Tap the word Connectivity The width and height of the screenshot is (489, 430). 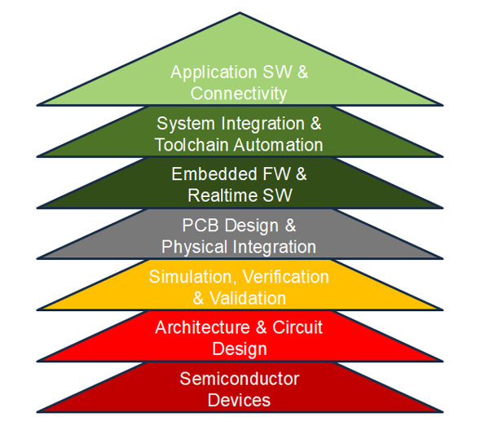coord(239,94)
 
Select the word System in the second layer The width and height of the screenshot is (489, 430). coord(182,124)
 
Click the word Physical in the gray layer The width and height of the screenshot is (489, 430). coord(191,246)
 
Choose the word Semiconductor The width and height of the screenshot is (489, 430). coord(239,379)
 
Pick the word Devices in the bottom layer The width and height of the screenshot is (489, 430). coord(239,400)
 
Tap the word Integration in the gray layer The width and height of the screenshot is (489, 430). coord(269,246)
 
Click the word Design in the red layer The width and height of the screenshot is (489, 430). coord(239,349)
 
